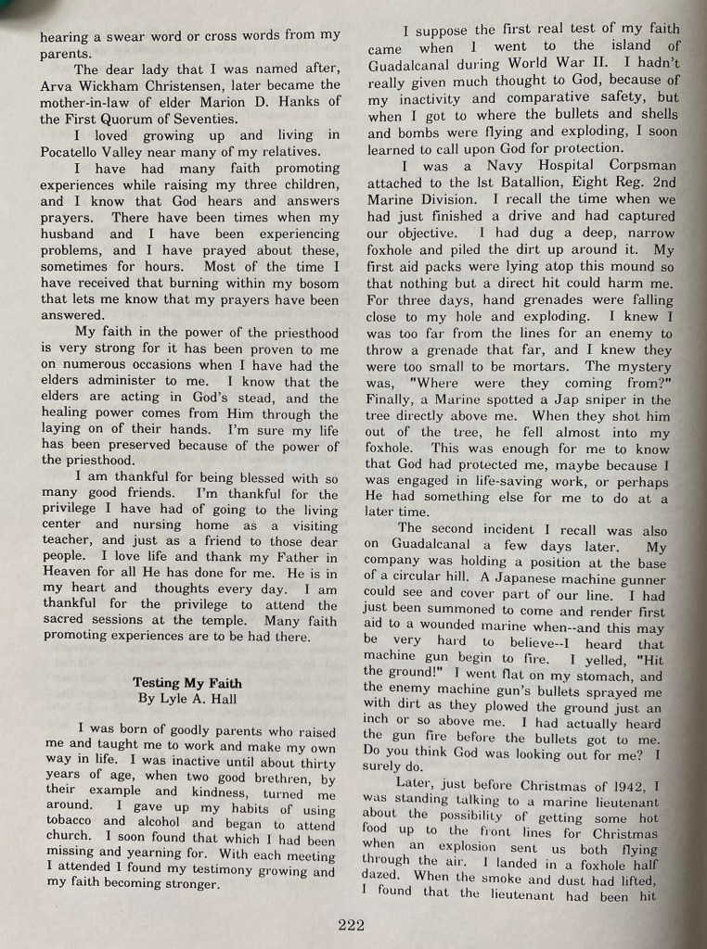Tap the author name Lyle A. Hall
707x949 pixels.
click(207, 699)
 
